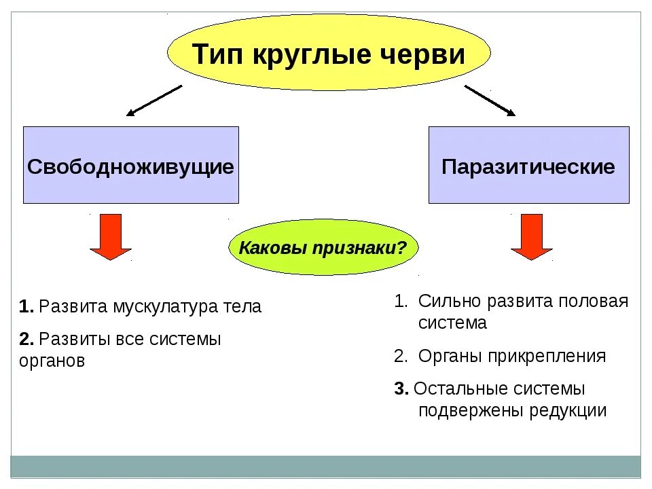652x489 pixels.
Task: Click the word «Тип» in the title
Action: click(216, 54)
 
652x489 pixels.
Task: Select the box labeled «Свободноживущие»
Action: click(131, 165)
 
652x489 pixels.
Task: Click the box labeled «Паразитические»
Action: click(528, 165)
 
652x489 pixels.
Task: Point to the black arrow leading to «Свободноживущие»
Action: click(154, 100)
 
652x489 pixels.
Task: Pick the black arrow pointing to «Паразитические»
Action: click(490, 100)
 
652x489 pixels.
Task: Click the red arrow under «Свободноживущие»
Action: click(110, 236)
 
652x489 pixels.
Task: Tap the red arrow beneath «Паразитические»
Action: click(532, 236)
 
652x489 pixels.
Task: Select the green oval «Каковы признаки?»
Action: click(323, 247)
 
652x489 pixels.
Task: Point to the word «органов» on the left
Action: click(52, 361)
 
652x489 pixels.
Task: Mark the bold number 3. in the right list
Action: click(401, 388)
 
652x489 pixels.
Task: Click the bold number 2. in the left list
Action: click(26, 338)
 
